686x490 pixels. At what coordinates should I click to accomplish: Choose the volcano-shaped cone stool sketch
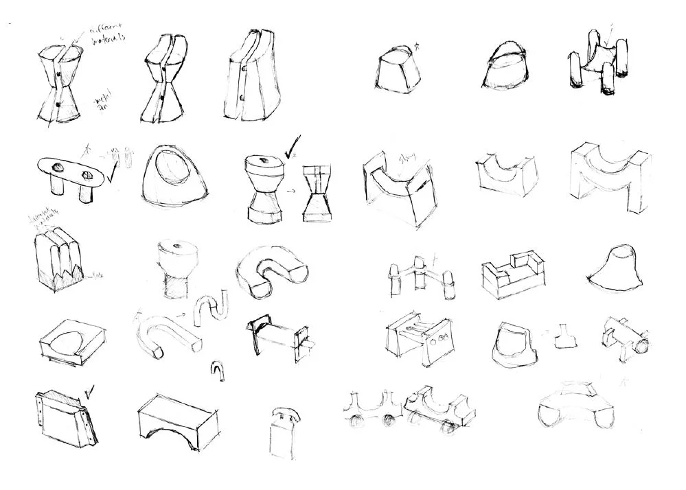616,267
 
